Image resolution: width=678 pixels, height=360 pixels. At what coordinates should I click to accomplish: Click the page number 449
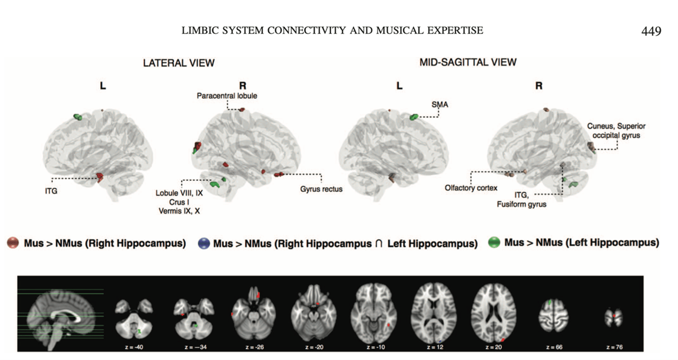coord(651,31)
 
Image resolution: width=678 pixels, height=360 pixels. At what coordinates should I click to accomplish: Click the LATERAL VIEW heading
coord(178,63)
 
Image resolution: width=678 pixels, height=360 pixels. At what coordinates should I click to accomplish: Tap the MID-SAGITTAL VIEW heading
coord(468,62)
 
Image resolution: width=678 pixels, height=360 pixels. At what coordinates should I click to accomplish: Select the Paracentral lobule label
coord(227,96)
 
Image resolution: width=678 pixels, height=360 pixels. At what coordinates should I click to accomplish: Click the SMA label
coord(440,105)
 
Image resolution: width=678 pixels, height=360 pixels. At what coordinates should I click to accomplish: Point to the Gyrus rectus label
coord(321,189)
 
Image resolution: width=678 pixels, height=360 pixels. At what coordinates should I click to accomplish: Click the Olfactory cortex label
coord(471,187)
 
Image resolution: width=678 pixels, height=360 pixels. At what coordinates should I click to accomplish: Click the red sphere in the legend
coord(13,244)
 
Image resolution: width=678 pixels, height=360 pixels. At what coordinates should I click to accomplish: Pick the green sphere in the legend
coord(494,243)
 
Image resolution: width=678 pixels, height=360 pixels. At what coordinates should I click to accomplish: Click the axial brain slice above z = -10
coord(375,313)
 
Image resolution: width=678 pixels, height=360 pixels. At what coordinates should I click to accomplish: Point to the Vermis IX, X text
coord(179,212)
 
